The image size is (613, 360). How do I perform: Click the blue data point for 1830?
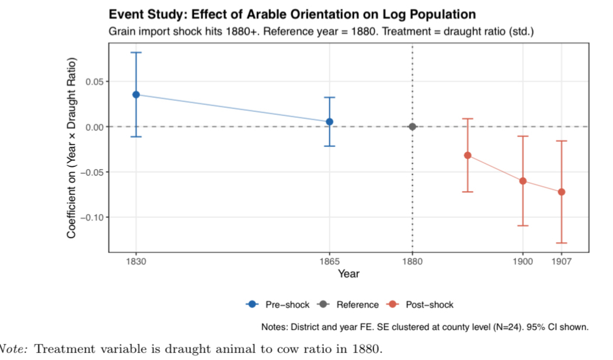pyautogui.click(x=136, y=95)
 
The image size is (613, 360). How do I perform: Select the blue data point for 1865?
pyautogui.click(x=329, y=121)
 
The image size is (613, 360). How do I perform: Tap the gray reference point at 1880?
pyautogui.click(x=412, y=127)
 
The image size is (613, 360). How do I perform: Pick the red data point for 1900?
pyautogui.click(x=523, y=181)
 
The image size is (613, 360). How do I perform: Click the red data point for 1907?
pyautogui.click(x=562, y=192)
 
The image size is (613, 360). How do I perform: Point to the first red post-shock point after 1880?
pyautogui.click(x=468, y=155)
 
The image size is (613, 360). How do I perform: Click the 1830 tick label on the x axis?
pyautogui.click(x=136, y=261)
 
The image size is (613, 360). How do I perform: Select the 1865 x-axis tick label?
pyautogui.click(x=329, y=261)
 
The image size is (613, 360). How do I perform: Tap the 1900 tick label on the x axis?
pyautogui.click(x=523, y=261)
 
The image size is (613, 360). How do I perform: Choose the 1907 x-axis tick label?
pyautogui.click(x=562, y=261)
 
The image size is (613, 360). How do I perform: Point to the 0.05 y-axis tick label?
pyautogui.click(x=95, y=82)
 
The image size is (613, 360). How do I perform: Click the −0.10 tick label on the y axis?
pyautogui.click(x=92, y=218)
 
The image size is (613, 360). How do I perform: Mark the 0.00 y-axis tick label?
pyautogui.click(x=95, y=127)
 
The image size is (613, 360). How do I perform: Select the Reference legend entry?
pyautogui.click(x=350, y=305)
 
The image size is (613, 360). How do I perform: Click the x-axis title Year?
pyautogui.click(x=349, y=273)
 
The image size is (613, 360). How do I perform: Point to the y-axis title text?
pyautogui.click(x=71, y=148)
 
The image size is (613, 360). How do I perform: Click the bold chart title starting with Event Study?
pyautogui.click(x=292, y=15)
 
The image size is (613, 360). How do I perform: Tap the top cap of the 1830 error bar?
pyautogui.click(x=136, y=53)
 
